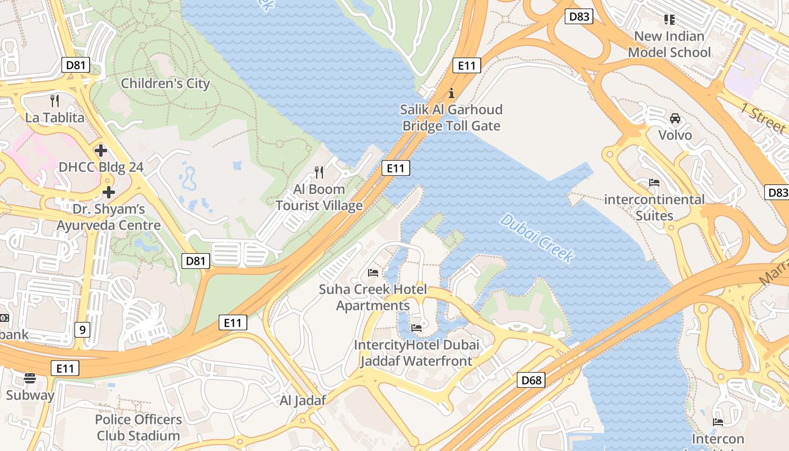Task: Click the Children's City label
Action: tap(165, 83)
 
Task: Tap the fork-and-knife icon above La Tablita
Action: tap(55, 101)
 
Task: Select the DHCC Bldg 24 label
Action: tap(101, 167)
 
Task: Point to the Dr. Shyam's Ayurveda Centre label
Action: tap(108, 217)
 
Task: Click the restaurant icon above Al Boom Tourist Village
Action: tap(319, 172)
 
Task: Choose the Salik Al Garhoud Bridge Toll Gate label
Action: tap(451, 117)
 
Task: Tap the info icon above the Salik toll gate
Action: tap(451, 93)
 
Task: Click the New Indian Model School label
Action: tap(669, 44)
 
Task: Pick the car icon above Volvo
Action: tap(675, 118)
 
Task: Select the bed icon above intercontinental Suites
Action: tap(654, 183)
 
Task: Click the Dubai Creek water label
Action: tap(537, 238)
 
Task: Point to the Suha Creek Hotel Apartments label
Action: tap(373, 298)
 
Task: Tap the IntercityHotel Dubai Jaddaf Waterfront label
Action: tap(416, 352)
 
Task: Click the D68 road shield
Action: tap(531, 380)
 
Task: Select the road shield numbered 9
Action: tap(82, 330)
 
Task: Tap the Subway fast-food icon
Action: tap(30, 378)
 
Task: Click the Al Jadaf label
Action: tap(303, 401)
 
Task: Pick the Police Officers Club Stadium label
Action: tap(138, 427)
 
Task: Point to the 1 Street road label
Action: tap(764, 118)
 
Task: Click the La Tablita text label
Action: tap(55, 118)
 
